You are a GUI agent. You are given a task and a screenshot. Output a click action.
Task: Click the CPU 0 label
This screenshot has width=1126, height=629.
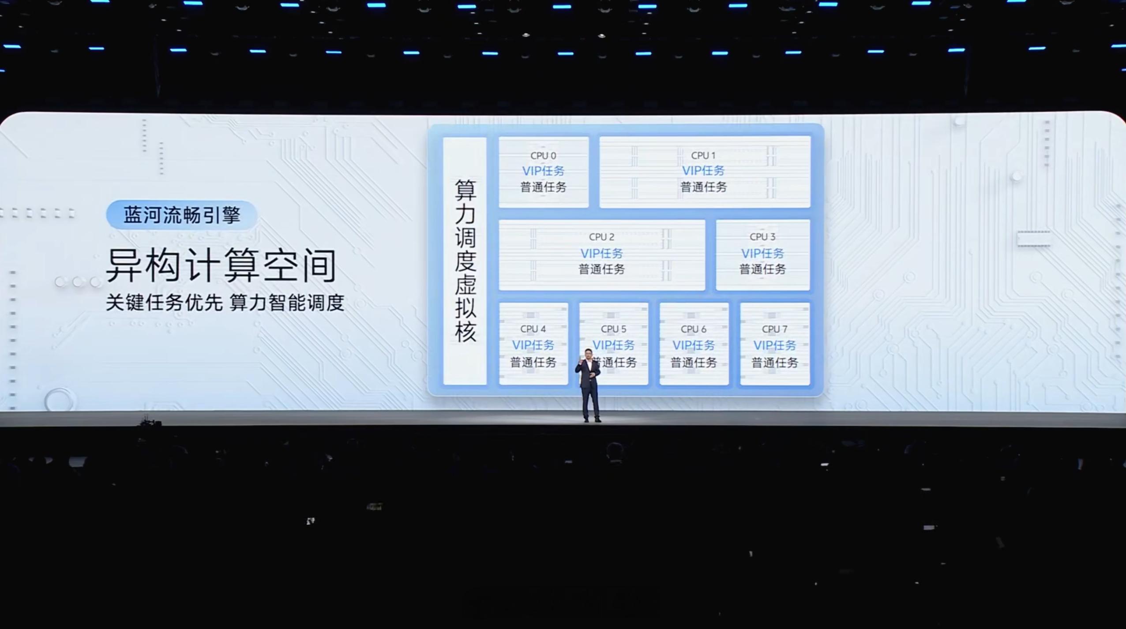[543, 156]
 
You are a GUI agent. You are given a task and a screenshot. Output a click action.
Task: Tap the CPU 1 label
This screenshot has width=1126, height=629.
[703, 156]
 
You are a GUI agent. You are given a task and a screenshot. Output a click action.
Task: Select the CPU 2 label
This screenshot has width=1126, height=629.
[601, 237]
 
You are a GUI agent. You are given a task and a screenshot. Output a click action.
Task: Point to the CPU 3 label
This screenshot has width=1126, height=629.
[762, 237]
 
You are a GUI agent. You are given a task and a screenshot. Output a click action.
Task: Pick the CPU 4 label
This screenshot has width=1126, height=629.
[533, 329]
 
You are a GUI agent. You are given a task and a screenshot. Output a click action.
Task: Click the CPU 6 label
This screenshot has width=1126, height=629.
[694, 329]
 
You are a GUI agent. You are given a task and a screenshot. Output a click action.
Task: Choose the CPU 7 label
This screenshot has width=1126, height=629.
[774, 329]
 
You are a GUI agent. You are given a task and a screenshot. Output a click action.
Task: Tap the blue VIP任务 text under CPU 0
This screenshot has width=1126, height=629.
[543, 171]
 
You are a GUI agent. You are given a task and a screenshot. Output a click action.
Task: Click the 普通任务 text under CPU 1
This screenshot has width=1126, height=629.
[703, 187]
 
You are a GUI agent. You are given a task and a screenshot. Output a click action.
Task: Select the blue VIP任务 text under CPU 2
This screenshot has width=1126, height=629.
[601, 253]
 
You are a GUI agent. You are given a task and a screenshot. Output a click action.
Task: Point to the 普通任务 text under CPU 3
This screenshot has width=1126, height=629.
[762, 269]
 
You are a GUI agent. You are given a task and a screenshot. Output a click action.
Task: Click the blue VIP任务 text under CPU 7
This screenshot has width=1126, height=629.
[774, 345]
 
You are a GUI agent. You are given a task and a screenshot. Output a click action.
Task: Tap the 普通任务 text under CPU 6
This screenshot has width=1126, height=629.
[694, 363]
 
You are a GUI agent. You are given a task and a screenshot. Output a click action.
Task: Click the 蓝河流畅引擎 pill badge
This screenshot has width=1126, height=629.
[181, 215]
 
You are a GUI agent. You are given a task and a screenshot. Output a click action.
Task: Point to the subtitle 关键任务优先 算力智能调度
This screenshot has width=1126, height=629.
[225, 303]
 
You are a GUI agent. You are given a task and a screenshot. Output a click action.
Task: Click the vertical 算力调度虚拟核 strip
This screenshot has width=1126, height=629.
[465, 260]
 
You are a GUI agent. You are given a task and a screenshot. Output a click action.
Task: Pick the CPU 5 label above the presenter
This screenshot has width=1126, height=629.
[613, 329]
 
